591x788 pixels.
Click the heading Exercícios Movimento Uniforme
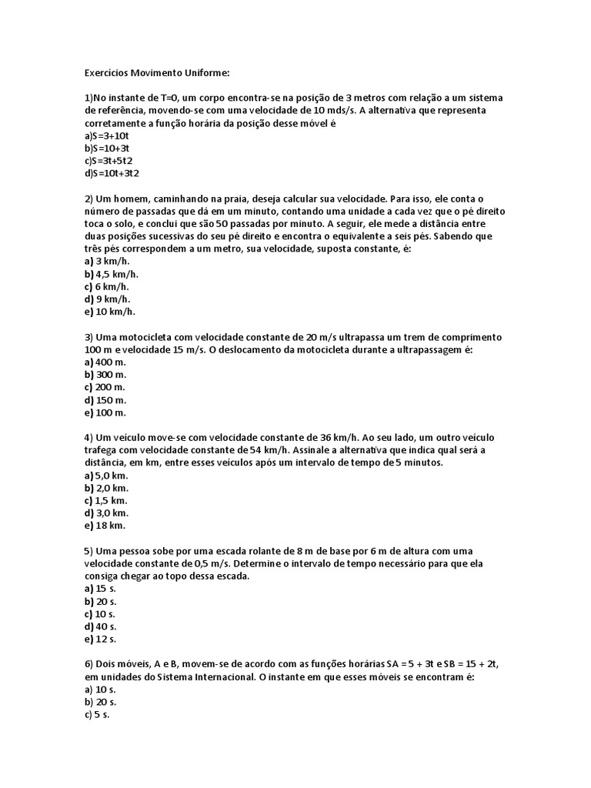pyautogui.click(x=157, y=73)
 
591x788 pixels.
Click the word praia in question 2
pyautogui.click(x=222, y=198)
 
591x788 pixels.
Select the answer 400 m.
pyautogui.click(x=105, y=362)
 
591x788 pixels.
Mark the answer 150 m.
pyautogui.click(x=105, y=399)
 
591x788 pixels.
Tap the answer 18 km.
pyautogui.click(x=105, y=526)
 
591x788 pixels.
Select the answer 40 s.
pyautogui.click(x=101, y=626)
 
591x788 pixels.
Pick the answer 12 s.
pyautogui.click(x=101, y=639)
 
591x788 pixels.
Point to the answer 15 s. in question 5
pyautogui.click(x=101, y=589)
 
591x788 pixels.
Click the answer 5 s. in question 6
pyautogui.click(x=98, y=714)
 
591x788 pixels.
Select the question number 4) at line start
pyautogui.click(x=88, y=437)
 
